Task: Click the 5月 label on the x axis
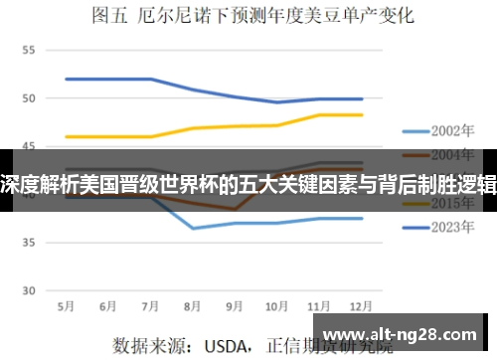(x=67, y=304)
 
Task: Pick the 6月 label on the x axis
(x=109, y=304)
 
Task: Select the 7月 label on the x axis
(x=151, y=304)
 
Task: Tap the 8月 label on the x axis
(x=193, y=304)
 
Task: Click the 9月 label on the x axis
(x=236, y=304)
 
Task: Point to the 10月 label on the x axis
(x=277, y=304)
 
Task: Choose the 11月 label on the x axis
(x=319, y=304)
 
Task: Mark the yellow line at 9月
(x=236, y=126)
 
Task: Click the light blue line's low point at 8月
(x=193, y=228)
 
